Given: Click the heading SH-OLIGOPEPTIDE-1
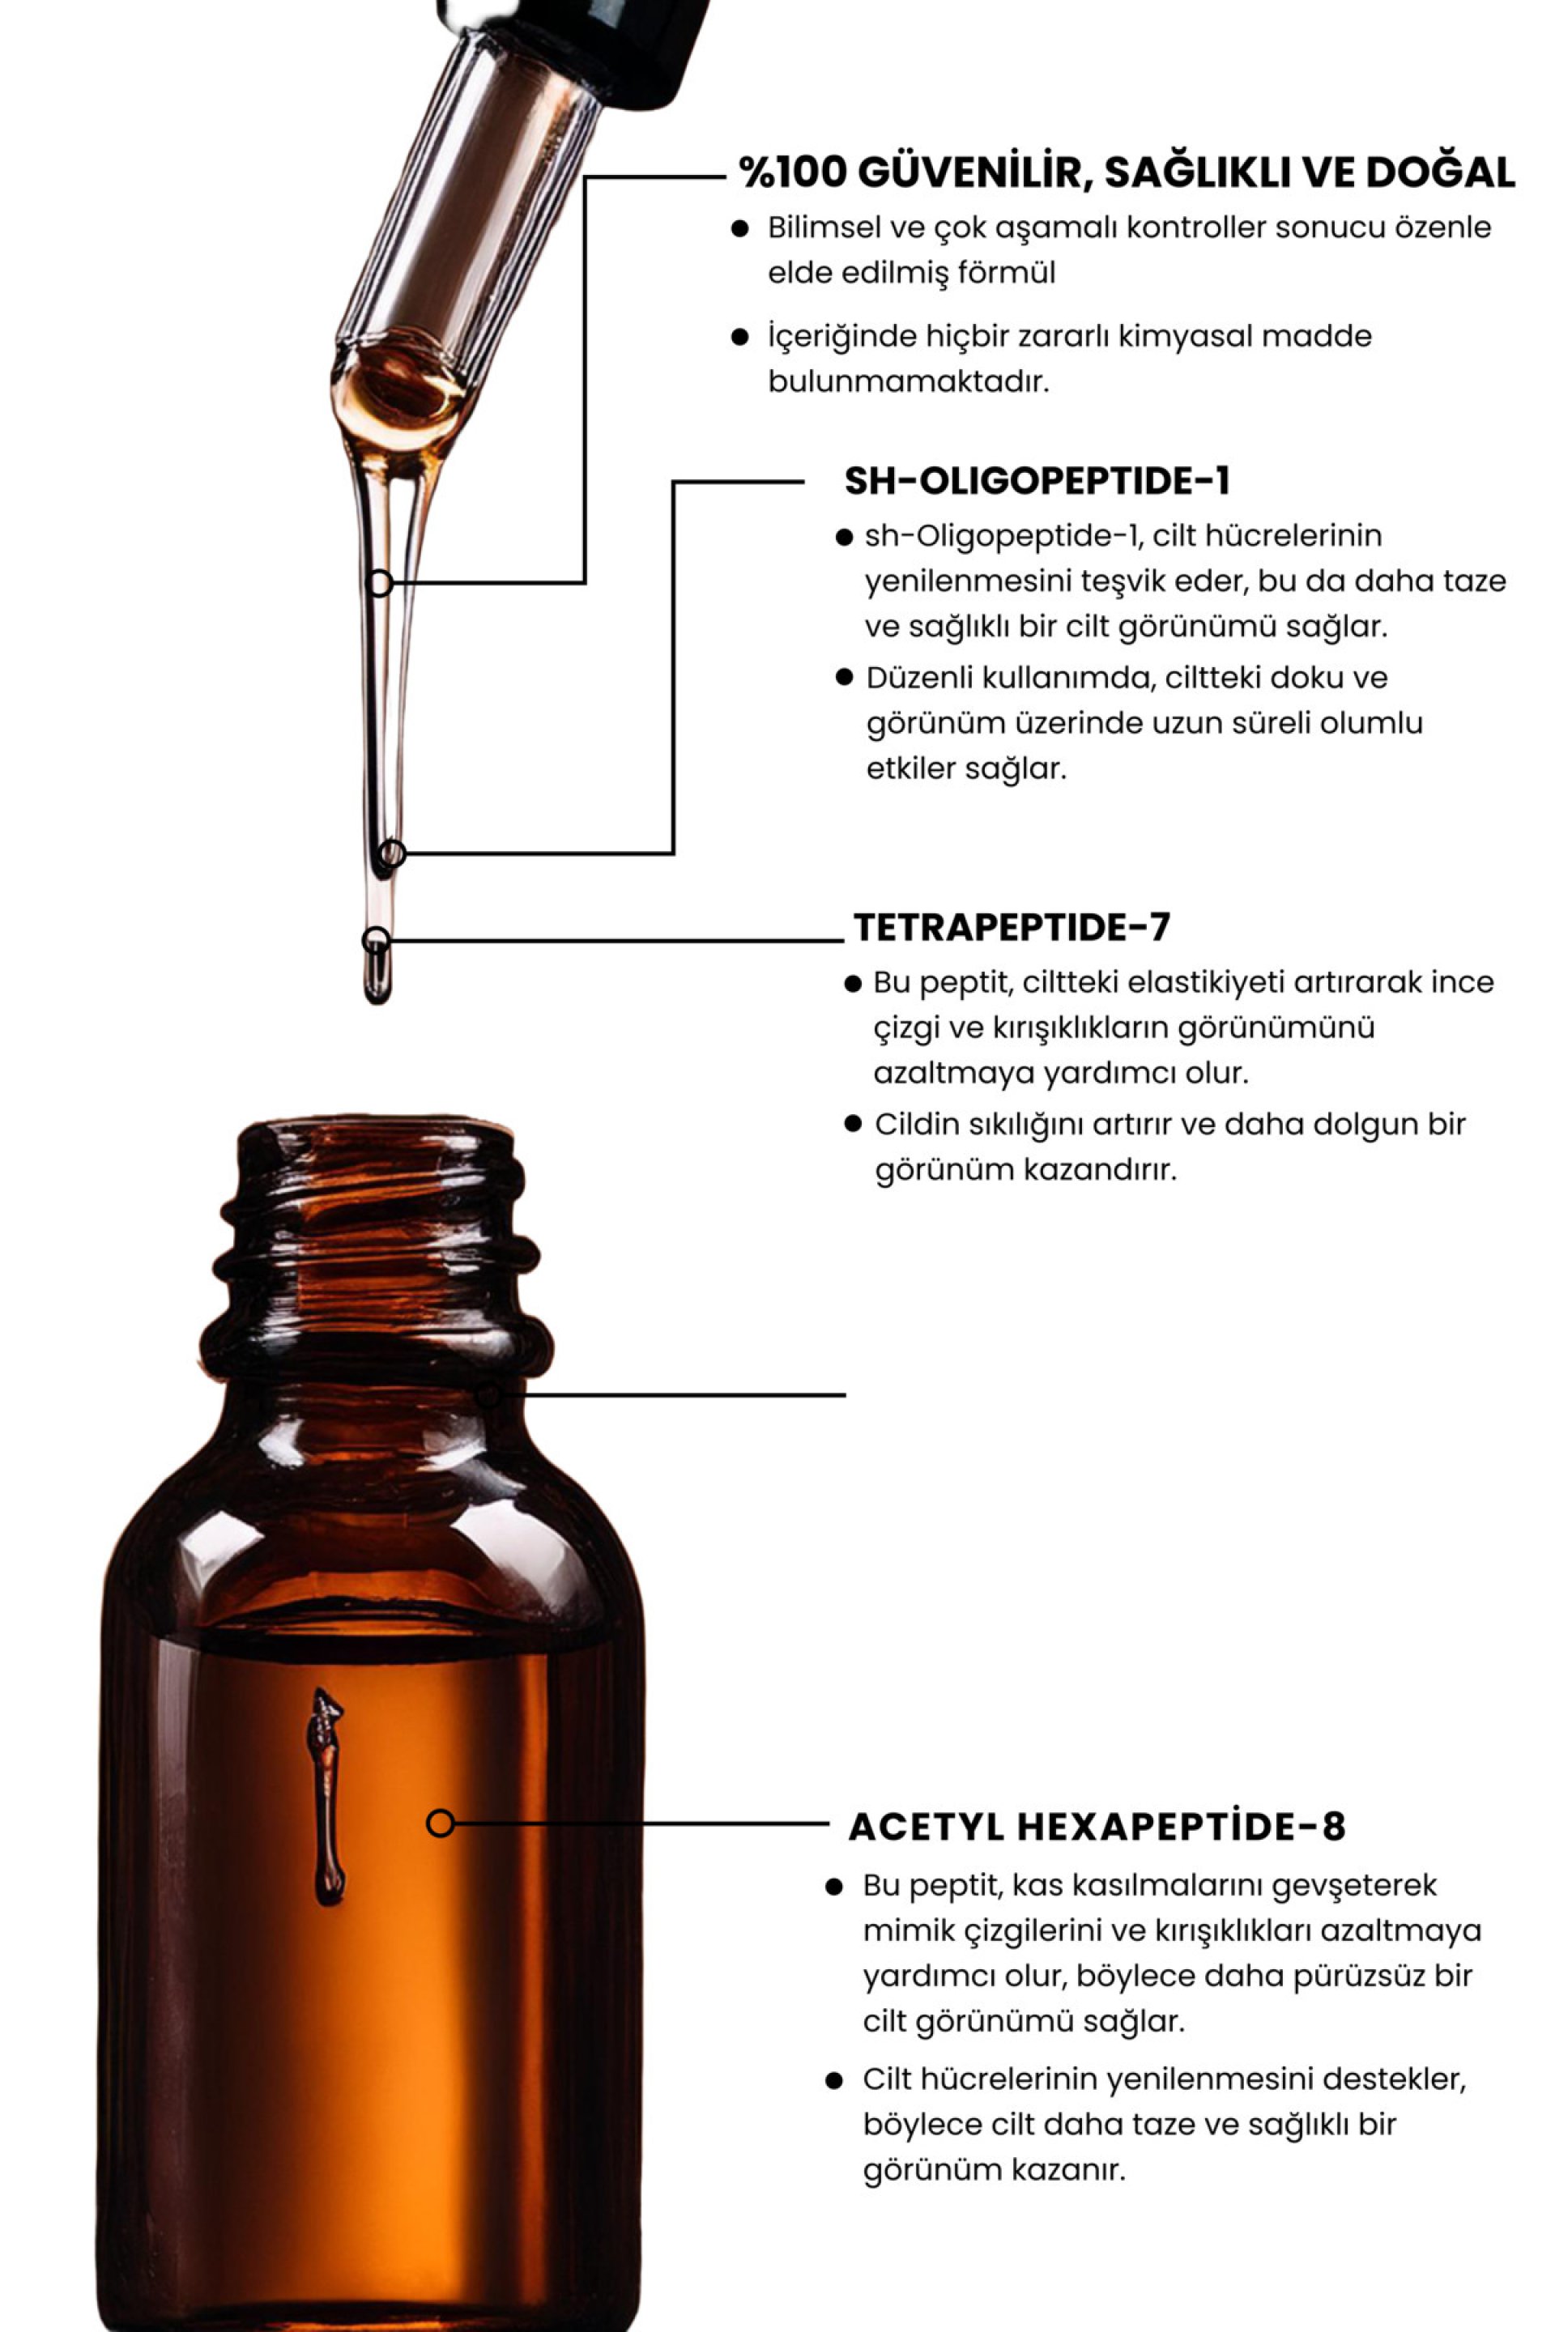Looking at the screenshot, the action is (x=1037, y=481).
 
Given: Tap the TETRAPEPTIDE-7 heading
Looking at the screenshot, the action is (x=1012, y=927).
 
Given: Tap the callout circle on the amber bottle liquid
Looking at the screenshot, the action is (x=441, y=1823).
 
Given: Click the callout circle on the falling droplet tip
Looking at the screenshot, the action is (x=375, y=939).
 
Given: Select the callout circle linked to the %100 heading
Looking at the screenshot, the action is (x=379, y=583).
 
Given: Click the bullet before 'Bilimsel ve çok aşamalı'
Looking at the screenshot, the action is (x=739, y=229).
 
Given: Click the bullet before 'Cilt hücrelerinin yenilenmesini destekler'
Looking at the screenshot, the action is (x=834, y=2080).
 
